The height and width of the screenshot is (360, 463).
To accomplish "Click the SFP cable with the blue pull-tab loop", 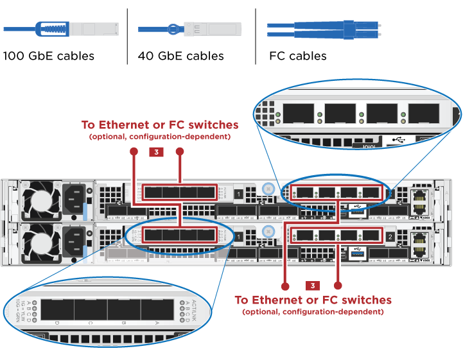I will pos(61,29).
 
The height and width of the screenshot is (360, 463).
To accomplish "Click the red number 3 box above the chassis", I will pos(157,152).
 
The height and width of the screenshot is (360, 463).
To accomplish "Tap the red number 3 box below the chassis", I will pos(312,285).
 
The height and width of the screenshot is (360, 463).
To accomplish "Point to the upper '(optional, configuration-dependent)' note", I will pos(159,137).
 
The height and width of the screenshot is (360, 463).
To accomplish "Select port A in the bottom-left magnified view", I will pos(157,311).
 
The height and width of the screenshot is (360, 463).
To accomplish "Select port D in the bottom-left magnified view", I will pos(57,311).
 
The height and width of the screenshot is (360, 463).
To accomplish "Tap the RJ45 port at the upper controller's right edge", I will pos(420,199).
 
